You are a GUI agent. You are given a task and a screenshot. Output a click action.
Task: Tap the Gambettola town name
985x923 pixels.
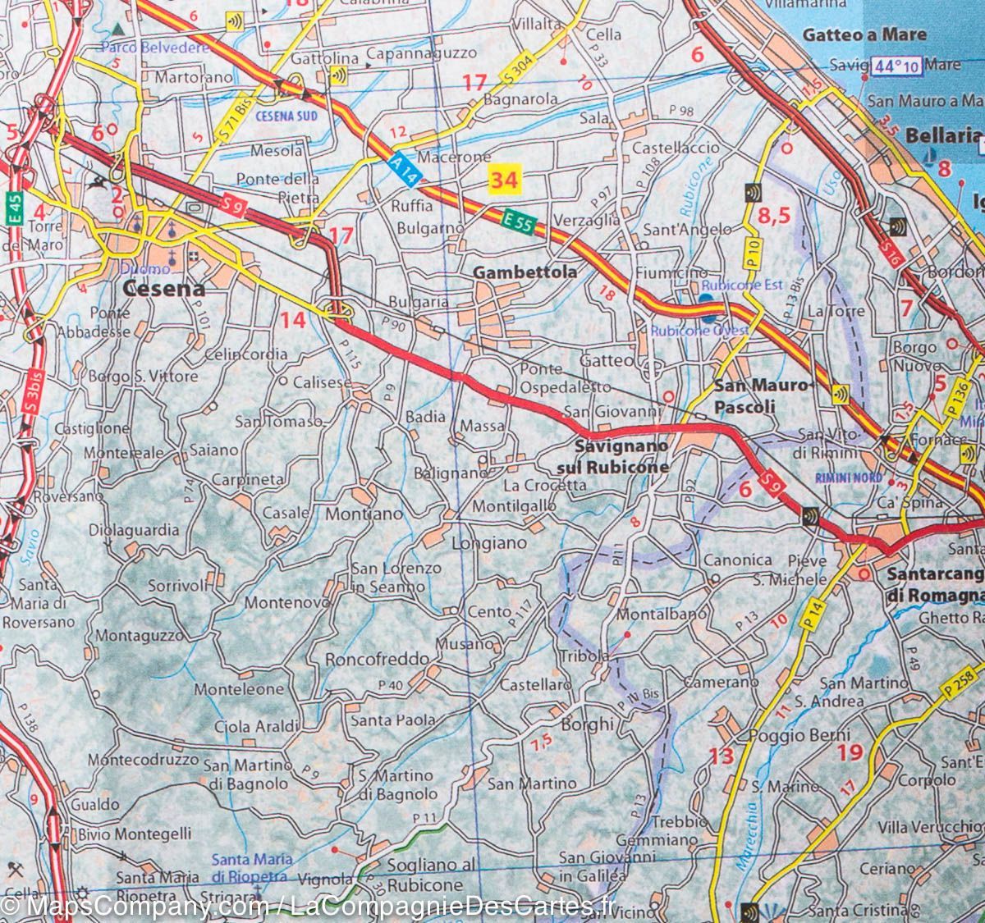525,272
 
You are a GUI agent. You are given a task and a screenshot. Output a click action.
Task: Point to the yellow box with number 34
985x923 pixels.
504,178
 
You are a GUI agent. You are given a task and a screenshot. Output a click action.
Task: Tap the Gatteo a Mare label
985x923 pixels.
864,34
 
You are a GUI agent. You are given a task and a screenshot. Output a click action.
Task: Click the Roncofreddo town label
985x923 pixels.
377,659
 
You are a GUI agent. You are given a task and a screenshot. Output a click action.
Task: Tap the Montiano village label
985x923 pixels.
364,514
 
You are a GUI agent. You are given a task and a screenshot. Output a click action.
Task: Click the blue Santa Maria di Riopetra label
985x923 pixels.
251,867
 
